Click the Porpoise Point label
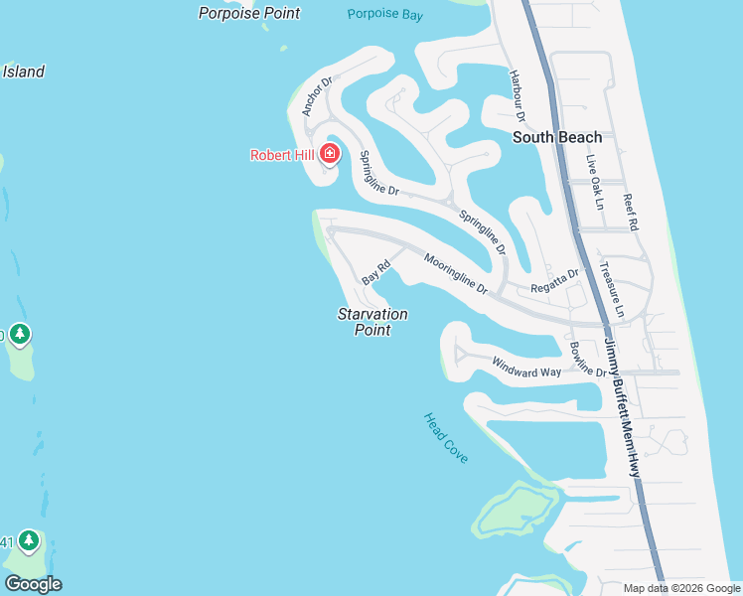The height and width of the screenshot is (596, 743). (248, 13)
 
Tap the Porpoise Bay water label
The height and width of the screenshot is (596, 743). (386, 14)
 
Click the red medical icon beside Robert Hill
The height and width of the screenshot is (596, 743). (329, 154)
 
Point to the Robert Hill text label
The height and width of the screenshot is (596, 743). (282, 155)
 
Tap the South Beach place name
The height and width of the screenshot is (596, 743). (557, 138)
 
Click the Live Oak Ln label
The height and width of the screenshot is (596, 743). (594, 182)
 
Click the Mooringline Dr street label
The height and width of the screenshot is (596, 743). (456, 274)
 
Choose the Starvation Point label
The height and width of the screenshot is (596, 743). (372, 322)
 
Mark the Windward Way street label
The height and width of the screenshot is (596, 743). (526, 366)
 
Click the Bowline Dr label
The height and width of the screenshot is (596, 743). (588, 360)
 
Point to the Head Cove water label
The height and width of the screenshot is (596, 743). (446, 438)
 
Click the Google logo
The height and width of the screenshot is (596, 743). (33, 584)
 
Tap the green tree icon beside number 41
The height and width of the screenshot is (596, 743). (29, 540)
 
